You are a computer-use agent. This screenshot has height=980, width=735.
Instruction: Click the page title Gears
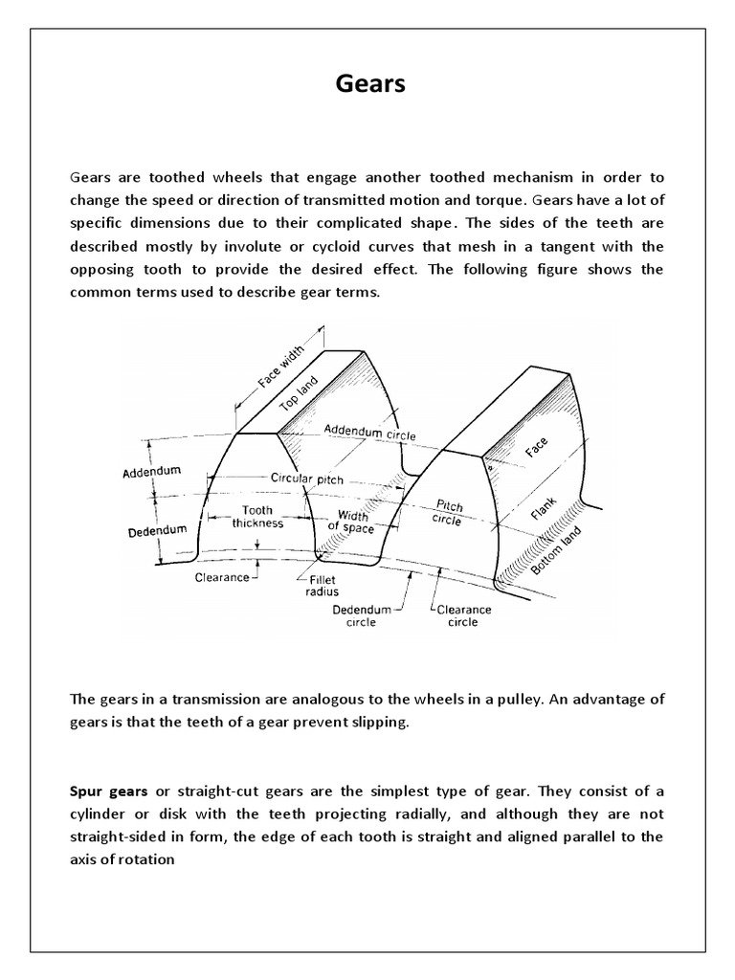370,84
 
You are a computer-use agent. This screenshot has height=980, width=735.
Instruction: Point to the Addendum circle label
369,432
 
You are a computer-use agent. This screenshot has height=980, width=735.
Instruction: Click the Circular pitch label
306,478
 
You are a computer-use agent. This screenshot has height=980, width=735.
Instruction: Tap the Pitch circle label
447,511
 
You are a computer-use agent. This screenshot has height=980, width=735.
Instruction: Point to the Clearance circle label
463,615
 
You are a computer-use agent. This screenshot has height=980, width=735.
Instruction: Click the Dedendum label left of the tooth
155,528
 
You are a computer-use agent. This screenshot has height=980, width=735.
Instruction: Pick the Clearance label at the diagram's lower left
222,577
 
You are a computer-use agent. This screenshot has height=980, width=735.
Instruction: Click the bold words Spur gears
107,791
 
